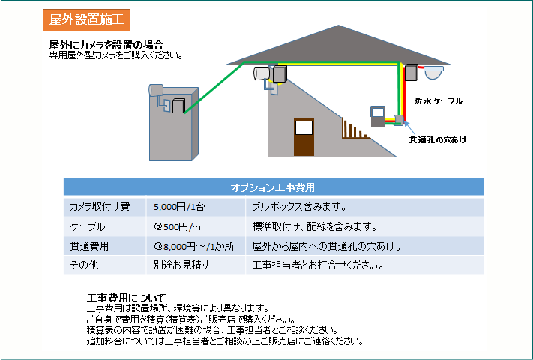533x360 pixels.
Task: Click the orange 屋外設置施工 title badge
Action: coord(86,20)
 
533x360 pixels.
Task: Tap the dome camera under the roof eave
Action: coord(434,73)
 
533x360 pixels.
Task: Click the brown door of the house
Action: coord(304,137)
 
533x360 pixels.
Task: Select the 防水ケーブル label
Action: coord(438,101)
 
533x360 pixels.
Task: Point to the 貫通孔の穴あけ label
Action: coord(438,139)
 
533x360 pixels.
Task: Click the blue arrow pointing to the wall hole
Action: coord(409,128)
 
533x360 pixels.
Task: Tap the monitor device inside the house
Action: coord(378,116)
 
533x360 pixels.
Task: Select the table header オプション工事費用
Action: coord(272,187)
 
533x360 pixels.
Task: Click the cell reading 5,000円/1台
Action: coord(179,207)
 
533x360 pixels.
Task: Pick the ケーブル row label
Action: coord(88,226)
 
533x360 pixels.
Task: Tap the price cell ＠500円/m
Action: coord(177,226)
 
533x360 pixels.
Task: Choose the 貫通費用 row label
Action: coord(89,246)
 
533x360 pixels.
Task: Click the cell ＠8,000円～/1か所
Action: coord(193,246)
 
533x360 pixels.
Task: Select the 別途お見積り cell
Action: coord(181,265)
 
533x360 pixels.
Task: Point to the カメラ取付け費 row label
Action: coord(100,207)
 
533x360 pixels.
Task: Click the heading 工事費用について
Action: coord(126,298)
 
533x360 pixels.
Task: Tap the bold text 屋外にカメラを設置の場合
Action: coord(106,45)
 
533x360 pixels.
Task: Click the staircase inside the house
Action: coord(355,128)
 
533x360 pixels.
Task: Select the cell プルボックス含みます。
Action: coord(299,207)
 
